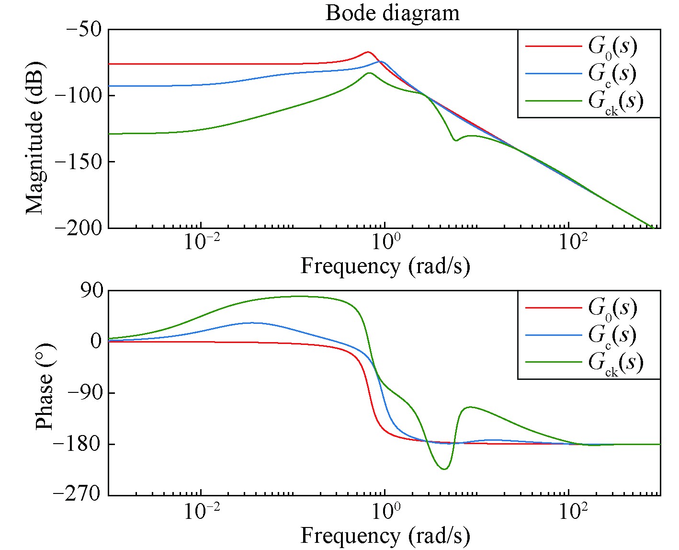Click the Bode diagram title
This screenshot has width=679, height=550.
[x=392, y=12]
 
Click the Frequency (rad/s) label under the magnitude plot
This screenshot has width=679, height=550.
[x=385, y=266]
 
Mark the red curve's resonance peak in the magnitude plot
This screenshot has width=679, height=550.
[x=368, y=52]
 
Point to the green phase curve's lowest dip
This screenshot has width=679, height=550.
[x=444, y=469]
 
